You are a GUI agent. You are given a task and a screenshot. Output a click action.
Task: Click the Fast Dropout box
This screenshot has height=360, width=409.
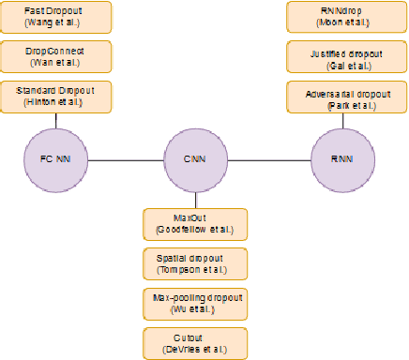(x=55, y=17)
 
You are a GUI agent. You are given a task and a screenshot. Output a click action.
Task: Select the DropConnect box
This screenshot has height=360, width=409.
(x=55, y=56)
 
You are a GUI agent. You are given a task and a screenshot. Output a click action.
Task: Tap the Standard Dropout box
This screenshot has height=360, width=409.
(x=55, y=97)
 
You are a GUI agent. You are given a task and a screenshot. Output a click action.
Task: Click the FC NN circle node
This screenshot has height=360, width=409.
(x=56, y=159)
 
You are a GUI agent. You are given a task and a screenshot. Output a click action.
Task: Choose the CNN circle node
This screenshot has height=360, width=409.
(x=195, y=159)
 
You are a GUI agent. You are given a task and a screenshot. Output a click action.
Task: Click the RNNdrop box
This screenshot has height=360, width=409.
(x=339, y=17)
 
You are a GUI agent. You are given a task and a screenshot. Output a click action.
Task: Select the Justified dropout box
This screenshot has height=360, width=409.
(x=339, y=56)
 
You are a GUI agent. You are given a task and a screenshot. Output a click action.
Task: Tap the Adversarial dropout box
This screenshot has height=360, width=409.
(x=339, y=97)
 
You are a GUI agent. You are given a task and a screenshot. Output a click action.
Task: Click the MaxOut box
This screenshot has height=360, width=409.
(x=195, y=223)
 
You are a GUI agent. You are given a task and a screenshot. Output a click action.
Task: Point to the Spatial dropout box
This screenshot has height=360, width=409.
(x=195, y=263)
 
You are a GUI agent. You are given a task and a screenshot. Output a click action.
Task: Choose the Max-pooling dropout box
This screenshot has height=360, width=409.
(x=195, y=303)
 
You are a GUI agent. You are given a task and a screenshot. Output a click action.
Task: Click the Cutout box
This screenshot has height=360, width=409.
(x=195, y=342)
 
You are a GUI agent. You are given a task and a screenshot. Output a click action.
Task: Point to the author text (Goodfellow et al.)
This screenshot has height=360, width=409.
(x=196, y=230)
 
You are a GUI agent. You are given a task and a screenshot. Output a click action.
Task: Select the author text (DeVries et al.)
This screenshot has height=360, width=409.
(x=196, y=349)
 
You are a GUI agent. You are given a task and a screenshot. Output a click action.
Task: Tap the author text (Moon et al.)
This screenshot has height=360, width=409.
(x=339, y=23)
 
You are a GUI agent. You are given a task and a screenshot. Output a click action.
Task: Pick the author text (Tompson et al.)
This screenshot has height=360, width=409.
(x=196, y=270)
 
